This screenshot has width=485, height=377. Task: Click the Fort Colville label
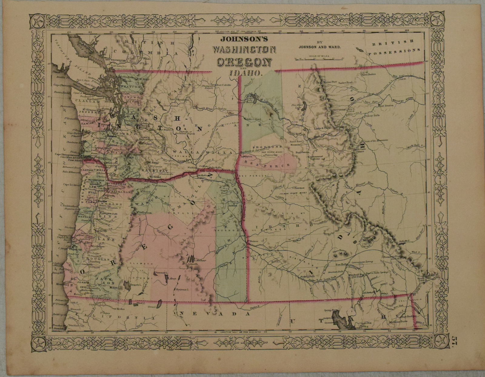coord(224,85)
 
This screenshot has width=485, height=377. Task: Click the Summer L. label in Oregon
coord(161,273)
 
